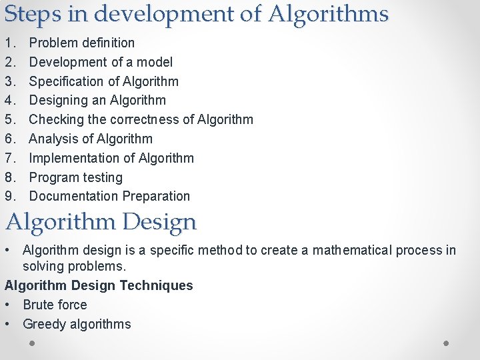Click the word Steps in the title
tap(26, 14)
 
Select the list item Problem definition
tap(82, 43)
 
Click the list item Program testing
tap(76, 177)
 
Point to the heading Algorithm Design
tap(101, 222)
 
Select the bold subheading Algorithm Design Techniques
tap(99, 286)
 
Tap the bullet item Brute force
tap(55, 305)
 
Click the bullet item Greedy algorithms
tap(77, 325)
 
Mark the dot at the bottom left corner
tap(32, 343)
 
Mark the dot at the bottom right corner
tap(447, 343)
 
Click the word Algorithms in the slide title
tap(329, 14)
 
